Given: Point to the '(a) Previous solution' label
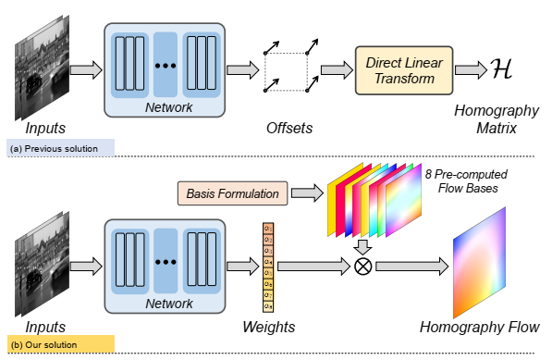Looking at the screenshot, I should click(x=58, y=147).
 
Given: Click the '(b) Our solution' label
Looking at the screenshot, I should click(x=52, y=345).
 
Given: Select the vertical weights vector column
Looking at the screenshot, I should click(x=268, y=266).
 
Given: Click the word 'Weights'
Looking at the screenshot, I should click(x=269, y=327).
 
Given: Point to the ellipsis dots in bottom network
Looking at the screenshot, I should click(x=166, y=263).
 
